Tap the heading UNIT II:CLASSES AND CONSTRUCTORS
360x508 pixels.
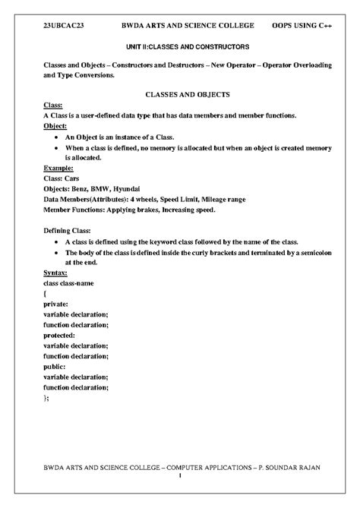tap(180, 46)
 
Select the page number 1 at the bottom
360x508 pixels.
tap(180, 477)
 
